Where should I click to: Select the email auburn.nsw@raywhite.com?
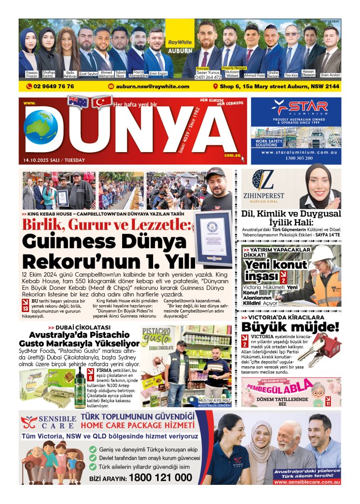153,86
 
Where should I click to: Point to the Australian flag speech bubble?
78,102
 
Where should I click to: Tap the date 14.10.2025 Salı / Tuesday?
54,160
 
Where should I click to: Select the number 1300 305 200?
295,158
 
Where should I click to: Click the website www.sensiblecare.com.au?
307,482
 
